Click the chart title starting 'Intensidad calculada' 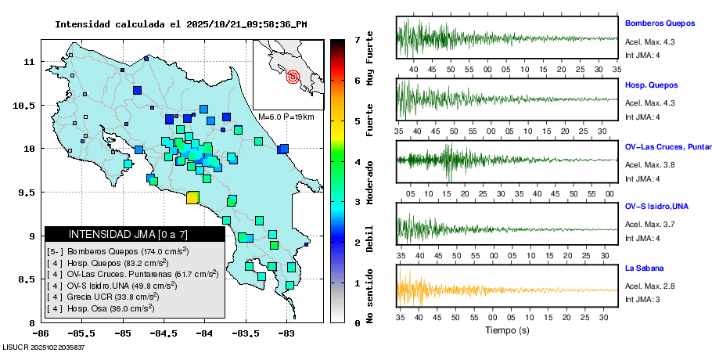click(x=181, y=24)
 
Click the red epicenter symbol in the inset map click(x=293, y=77)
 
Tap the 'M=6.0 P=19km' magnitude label click(x=286, y=117)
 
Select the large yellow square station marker click(x=192, y=198)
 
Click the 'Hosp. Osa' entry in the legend click(x=102, y=309)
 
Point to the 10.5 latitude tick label click(x=29, y=106)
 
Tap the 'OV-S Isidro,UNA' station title click(x=656, y=206)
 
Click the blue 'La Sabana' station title click(x=644, y=268)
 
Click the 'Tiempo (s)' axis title click(x=507, y=330)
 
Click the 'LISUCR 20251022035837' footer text click(x=44, y=347)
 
